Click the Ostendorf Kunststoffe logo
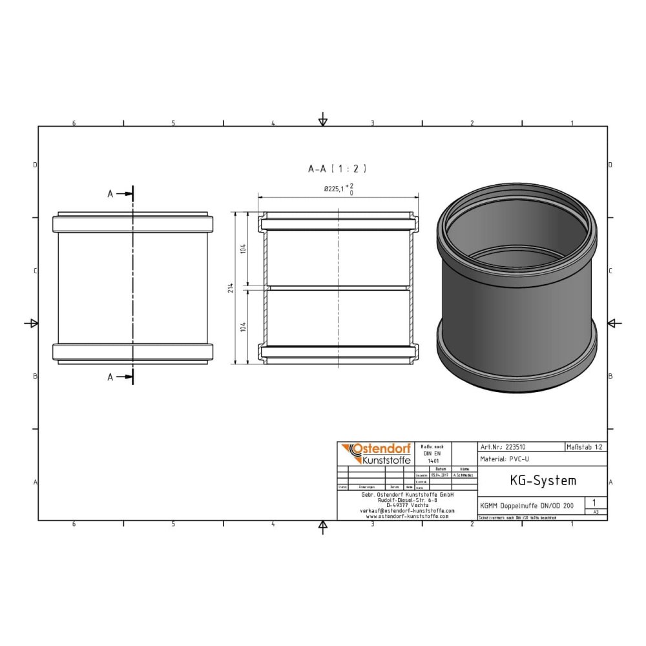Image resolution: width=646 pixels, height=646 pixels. pos(374,453)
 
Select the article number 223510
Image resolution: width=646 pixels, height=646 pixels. pos(517,446)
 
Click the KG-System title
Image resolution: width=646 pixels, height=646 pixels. pos(534,481)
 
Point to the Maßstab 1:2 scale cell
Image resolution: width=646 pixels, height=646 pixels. pos(585,446)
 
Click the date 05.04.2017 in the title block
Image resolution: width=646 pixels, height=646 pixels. pos(441,475)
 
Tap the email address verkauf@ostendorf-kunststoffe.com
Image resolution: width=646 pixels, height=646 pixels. pos(407,510)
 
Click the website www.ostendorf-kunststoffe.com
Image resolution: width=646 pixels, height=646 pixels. pos(407,516)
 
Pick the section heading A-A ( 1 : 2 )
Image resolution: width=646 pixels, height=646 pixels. pos(337,169)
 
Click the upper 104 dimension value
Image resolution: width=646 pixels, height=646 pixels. pos(243,249)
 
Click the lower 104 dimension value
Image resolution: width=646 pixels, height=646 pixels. pos(243,326)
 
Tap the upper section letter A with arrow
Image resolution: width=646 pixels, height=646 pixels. pos(120,193)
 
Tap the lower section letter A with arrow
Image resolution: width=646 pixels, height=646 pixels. pos(120,377)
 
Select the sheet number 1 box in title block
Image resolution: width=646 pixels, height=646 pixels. pos(594,502)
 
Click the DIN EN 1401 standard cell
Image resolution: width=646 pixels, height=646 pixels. pos(432,453)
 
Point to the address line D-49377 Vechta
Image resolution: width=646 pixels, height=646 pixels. pos(407,505)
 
